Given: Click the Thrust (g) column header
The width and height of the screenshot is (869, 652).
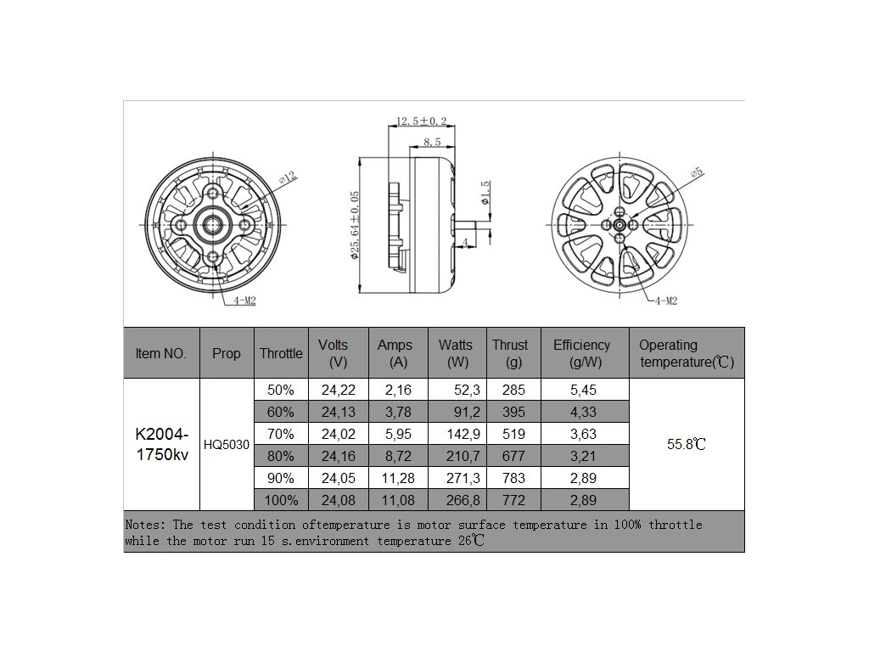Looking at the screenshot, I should click(x=509, y=353).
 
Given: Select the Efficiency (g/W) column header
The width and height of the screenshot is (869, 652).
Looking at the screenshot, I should click(x=581, y=353).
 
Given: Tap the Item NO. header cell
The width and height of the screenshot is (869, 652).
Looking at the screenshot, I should click(x=161, y=353).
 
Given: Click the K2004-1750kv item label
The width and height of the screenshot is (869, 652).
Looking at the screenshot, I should click(x=161, y=444).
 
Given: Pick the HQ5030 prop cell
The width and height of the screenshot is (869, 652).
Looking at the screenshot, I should click(x=227, y=444).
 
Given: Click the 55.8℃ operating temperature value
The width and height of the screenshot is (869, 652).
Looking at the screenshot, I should click(x=687, y=444).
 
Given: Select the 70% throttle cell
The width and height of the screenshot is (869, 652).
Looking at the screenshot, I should click(x=280, y=434).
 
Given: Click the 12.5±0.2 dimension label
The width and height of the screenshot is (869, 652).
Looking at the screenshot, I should click(x=422, y=122).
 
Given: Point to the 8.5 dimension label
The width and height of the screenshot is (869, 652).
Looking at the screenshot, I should click(x=431, y=142).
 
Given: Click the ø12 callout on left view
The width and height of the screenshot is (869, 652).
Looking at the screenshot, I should click(x=288, y=177).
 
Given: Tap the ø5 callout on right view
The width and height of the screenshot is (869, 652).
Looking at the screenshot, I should click(x=697, y=172).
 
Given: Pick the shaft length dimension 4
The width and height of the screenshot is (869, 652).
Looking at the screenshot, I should click(x=466, y=243).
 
